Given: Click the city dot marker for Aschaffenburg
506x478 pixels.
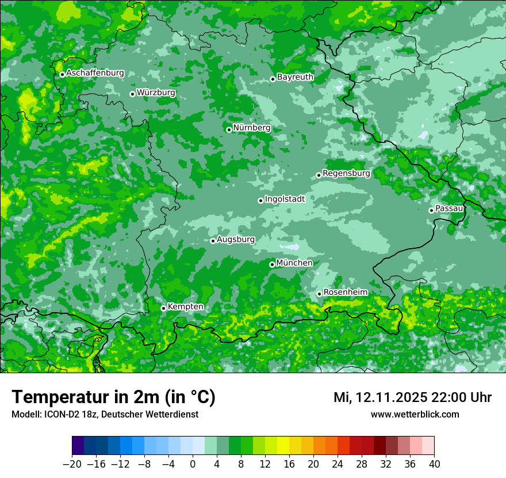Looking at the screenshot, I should (x=62, y=74).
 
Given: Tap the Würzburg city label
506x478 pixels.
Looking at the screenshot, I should (x=156, y=92).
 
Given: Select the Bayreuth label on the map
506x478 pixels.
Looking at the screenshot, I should (x=295, y=77).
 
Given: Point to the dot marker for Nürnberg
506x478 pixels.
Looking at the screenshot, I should (x=229, y=130).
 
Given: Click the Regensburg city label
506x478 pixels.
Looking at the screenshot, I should (x=346, y=173).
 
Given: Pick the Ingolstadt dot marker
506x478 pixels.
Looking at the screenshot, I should (x=260, y=200).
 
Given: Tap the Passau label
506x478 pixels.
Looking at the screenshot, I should (x=449, y=208).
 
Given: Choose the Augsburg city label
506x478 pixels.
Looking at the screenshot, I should (x=236, y=239).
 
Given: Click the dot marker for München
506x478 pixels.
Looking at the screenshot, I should (x=272, y=264).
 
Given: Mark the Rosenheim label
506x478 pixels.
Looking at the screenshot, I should (x=345, y=292).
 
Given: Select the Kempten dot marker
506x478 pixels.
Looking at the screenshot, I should (x=163, y=308).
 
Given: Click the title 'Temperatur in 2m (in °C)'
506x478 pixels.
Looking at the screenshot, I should (x=113, y=397).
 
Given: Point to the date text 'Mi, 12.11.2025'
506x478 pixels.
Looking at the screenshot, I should (x=380, y=397).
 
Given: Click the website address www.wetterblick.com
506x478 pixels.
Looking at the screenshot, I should (x=415, y=414).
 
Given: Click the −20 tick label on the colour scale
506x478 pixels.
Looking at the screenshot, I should (x=72, y=464).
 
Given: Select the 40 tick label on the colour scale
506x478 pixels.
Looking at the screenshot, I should (x=434, y=464).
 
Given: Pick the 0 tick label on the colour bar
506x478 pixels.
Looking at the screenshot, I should (x=193, y=464).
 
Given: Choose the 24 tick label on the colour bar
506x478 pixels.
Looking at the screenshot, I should (x=338, y=464).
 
